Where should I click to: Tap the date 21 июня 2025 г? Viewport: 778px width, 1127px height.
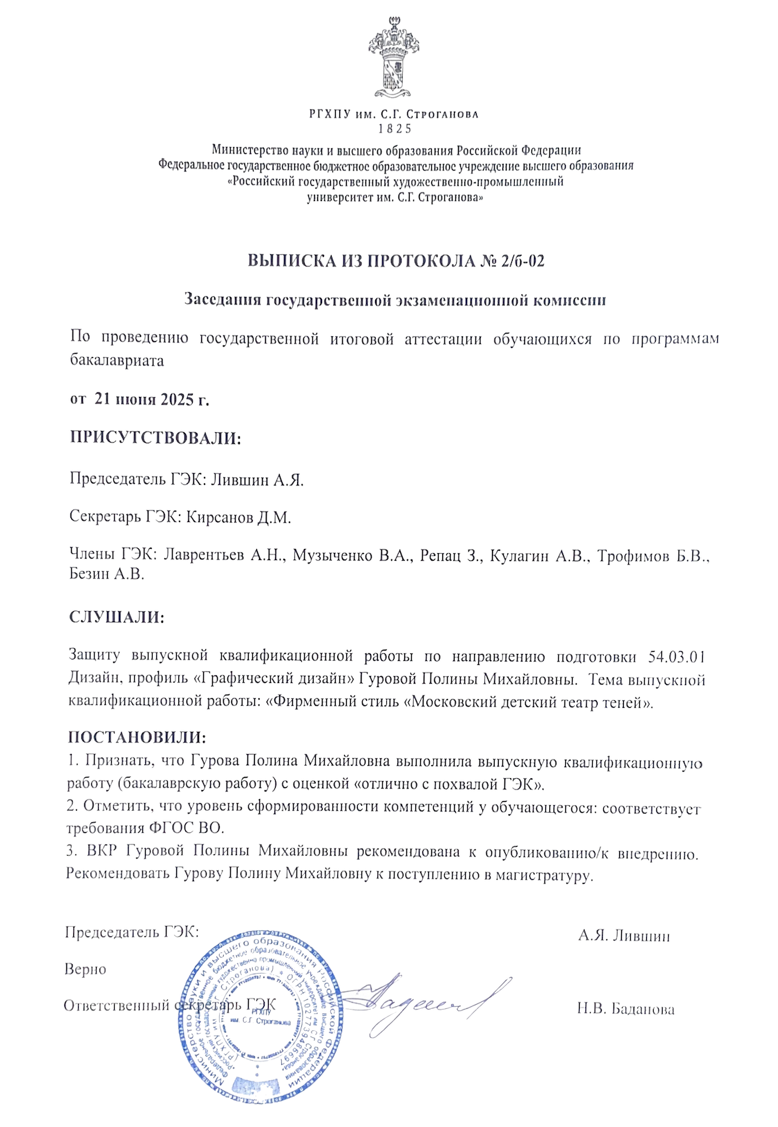(151, 399)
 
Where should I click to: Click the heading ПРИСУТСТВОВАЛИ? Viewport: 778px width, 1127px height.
(155, 438)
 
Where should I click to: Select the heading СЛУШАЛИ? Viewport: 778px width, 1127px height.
(117, 617)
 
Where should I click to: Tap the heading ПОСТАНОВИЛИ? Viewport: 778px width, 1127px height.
(137, 738)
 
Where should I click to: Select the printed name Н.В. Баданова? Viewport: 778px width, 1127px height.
(626, 1009)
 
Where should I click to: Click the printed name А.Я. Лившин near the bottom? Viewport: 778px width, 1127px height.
(624, 936)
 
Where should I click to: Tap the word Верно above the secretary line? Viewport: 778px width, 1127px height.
(86, 969)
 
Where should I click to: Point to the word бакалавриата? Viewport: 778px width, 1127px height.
(117, 360)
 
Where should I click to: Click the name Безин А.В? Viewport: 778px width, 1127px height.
(106, 574)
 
